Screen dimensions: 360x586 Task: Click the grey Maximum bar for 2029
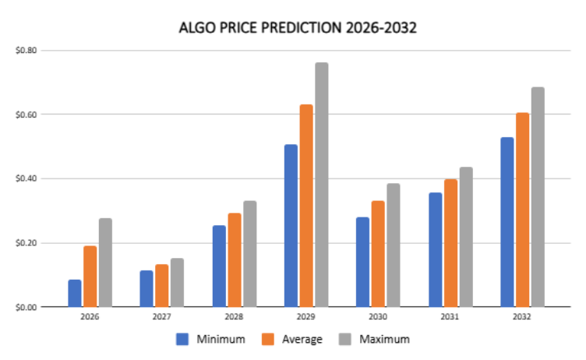pos(321,185)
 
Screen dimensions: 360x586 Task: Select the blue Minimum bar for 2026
pos(75,293)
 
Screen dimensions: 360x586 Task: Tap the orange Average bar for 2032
pos(522,210)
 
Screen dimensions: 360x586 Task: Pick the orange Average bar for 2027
pos(162,285)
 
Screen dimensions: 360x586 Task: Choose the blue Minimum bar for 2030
pos(363,262)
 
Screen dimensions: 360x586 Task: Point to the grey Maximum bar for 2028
pos(249,253)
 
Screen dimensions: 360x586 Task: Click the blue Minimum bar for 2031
pos(435,249)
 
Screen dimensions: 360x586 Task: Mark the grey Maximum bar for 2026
pos(105,263)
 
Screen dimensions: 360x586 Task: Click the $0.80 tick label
pos(26,51)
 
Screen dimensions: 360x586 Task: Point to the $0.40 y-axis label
pos(26,178)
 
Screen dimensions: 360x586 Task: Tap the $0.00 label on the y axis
pos(26,307)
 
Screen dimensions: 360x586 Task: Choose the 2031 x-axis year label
pos(450,317)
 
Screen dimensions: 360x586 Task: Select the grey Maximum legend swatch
pos(344,339)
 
